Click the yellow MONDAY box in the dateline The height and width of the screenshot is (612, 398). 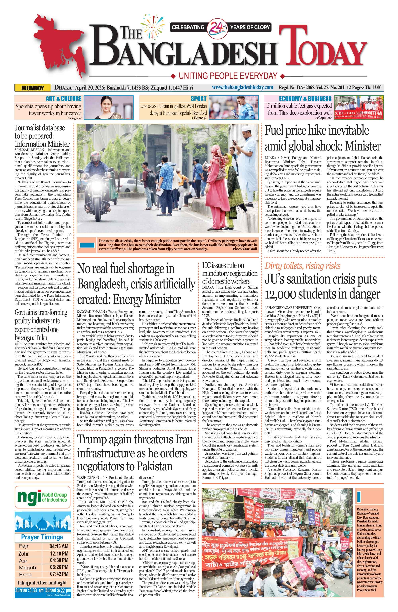pyautogui.click(x=33, y=88)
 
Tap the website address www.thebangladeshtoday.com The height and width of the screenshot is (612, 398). pyautogui.click(x=242, y=88)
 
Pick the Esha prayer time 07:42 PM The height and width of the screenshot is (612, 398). pyautogui.click(x=59, y=574)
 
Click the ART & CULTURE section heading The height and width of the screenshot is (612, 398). pyautogui.click(x=63, y=99)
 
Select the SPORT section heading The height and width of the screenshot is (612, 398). pyautogui.click(x=198, y=99)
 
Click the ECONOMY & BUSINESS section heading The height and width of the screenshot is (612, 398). pyautogui.click(x=305, y=99)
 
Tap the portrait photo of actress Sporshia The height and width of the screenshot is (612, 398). pyautogui.click(x=108, y=107)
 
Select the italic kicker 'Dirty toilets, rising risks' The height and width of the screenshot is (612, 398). pyautogui.click(x=302, y=266)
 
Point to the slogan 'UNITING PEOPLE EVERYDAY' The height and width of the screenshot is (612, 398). pyautogui.click(x=228, y=76)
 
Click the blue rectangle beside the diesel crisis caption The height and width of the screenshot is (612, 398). pyautogui.click(x=87, y=245)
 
